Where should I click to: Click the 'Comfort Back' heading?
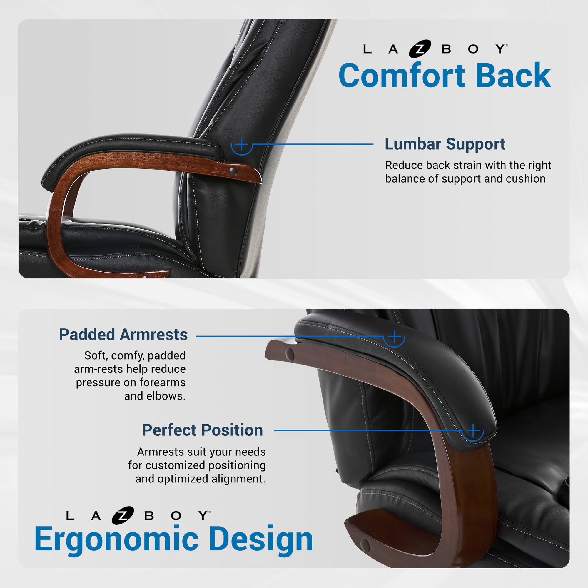click(445, 75)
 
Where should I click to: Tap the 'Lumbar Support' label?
click(445, 144)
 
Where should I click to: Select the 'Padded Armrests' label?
click(123, 335)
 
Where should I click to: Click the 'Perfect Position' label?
click(202, 430)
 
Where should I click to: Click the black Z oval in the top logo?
click(420, 49)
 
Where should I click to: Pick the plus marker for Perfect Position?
click(473, 430)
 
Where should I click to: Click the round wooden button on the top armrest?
click(233, 171)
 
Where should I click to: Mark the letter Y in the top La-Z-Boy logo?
click(500, 49)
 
